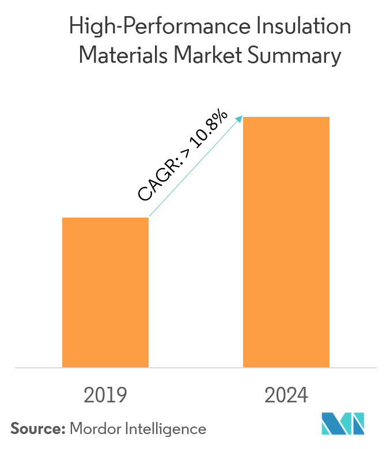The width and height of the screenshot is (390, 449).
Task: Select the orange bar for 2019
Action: pyautogui.click(x=105, y=292)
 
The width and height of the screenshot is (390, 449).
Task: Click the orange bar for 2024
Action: pyautogui.click(x=286, y=242)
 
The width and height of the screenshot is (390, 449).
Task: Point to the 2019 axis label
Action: pyautogui.click(x=105, y=395)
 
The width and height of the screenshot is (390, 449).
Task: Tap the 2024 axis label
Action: pyautogui.click(x=286, y=395)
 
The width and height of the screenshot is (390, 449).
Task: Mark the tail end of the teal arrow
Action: pyautogui.click(x=150, y=216)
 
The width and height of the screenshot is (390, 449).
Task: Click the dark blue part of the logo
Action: pyautogui.click(x=331, y=425)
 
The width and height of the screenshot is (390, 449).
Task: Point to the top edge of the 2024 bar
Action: pyautogui.click(x=286, y=117)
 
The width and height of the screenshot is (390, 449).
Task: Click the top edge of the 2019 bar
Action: pyautogui.click(x=105, y=218)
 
